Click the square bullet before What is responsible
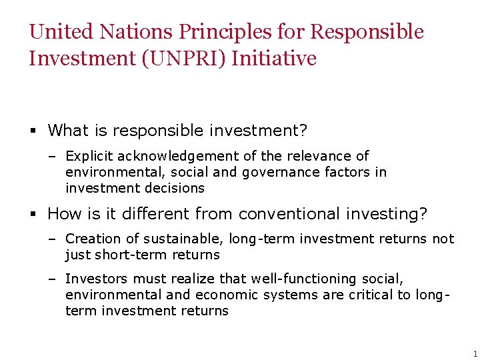click(x=33, y=130)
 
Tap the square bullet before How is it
click(x=33, y=215)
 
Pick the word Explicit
click(x=89, y=157)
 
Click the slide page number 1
click(x=475, y=354)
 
